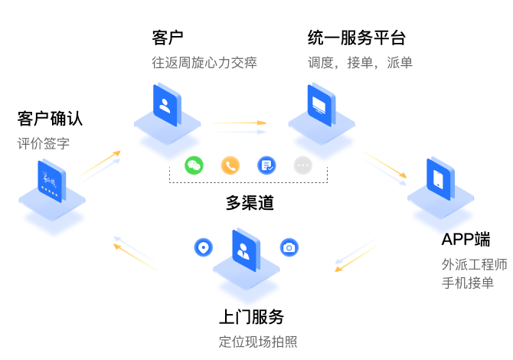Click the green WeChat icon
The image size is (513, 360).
194,165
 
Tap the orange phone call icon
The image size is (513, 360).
230,165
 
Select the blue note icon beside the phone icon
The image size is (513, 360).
266,165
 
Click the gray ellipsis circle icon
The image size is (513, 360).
302,165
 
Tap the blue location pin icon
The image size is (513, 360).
203,247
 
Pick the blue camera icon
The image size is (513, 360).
289,247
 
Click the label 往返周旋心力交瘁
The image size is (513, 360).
204,63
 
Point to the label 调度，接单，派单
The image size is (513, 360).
360,63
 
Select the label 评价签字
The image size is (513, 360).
44,143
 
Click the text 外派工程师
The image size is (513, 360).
474,265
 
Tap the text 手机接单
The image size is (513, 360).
467,283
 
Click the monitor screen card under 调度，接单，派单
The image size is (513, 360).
321,105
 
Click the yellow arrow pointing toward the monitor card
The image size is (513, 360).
239,123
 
